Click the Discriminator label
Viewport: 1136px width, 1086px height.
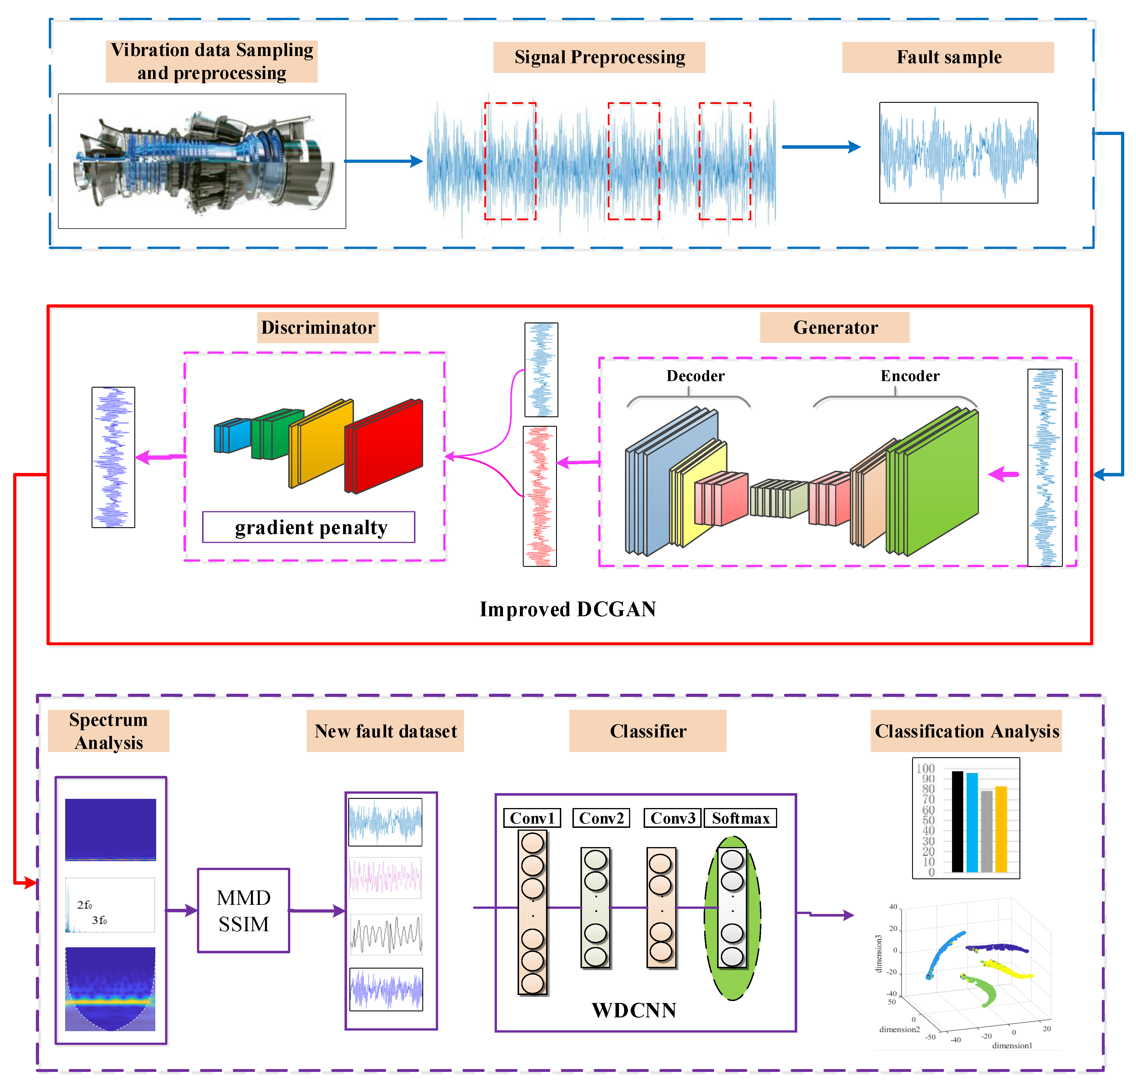(318, 328)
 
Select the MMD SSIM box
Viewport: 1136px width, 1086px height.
(244, 910)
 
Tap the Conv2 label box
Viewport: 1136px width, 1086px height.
(601, 818)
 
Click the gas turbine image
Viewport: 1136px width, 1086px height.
(202, 161)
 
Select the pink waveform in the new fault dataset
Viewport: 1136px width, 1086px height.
(386, 877)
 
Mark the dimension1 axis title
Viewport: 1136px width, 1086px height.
(1012, 1046)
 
